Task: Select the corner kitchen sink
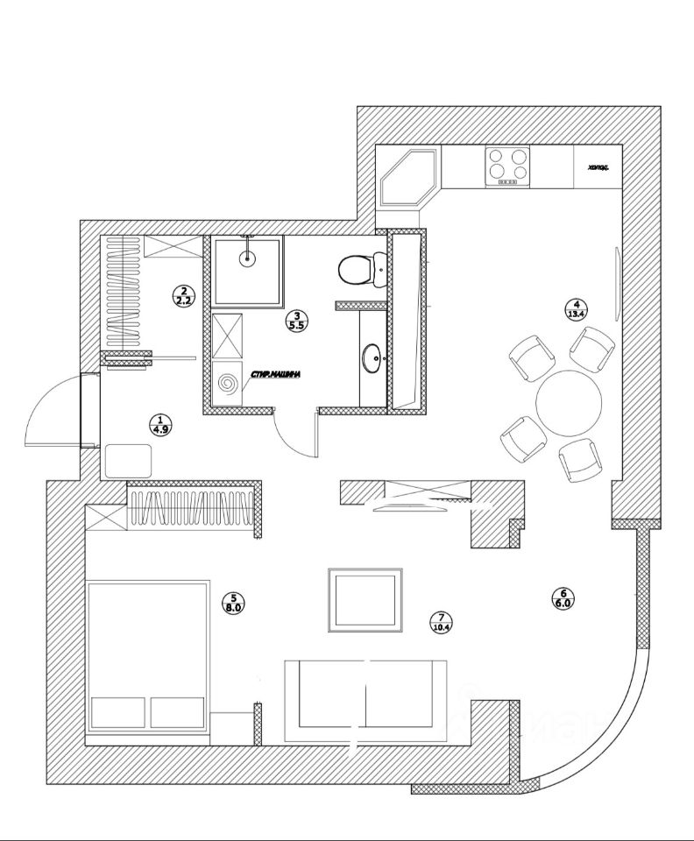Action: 408,178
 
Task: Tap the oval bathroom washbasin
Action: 372,357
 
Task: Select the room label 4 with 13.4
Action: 577,308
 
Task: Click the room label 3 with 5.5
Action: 296,321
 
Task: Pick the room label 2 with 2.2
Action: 183,295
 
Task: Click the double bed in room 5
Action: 148,654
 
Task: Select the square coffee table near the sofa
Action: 365,599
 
